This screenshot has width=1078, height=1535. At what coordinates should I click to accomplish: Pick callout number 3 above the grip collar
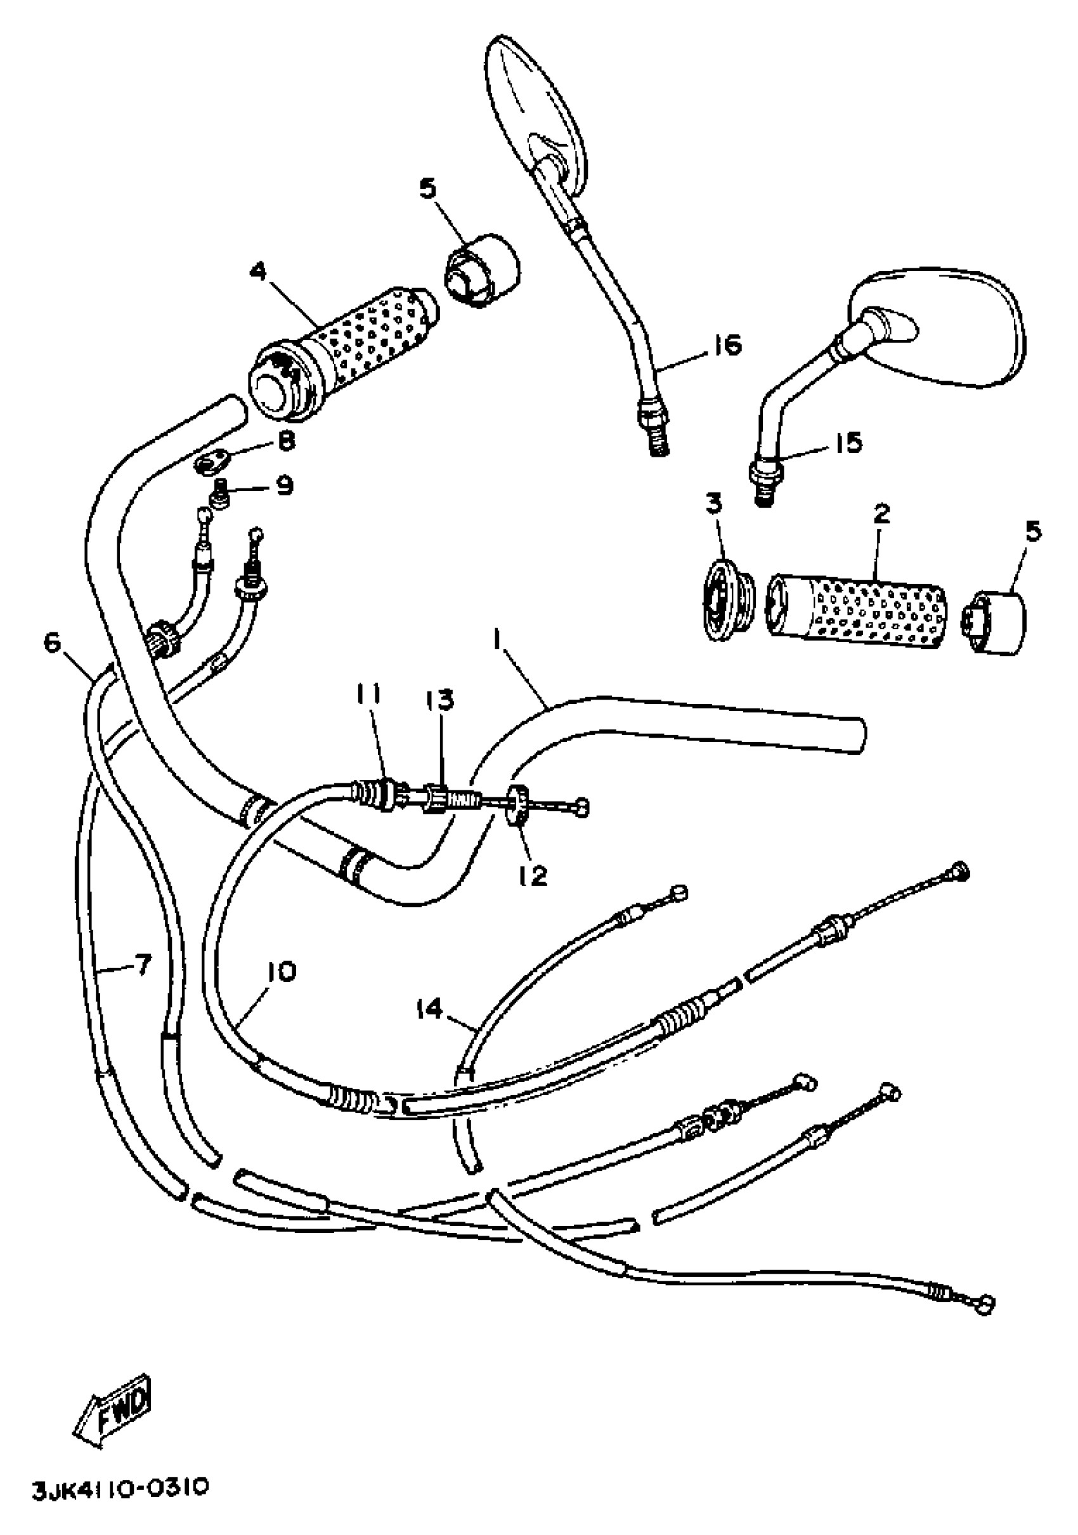pos(715,504)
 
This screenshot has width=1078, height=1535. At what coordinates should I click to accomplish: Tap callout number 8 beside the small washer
pos(285,441)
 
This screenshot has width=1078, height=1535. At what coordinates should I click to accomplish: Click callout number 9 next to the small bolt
pos(285,486)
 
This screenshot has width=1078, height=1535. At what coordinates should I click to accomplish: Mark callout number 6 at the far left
pos(52,643)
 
